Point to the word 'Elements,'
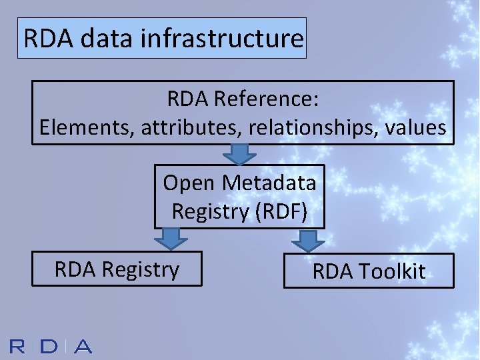tap(87, 127)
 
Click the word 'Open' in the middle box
tap(189, 182)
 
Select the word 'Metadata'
tap(269, 182)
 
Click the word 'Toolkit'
tap(392, 271)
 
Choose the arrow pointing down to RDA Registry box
tap(172, 238)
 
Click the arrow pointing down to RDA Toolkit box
tap(307, 240)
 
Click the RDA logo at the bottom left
tap(51, 347)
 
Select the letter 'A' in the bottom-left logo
tap(82, 347)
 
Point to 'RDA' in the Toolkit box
tap(333, 271)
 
